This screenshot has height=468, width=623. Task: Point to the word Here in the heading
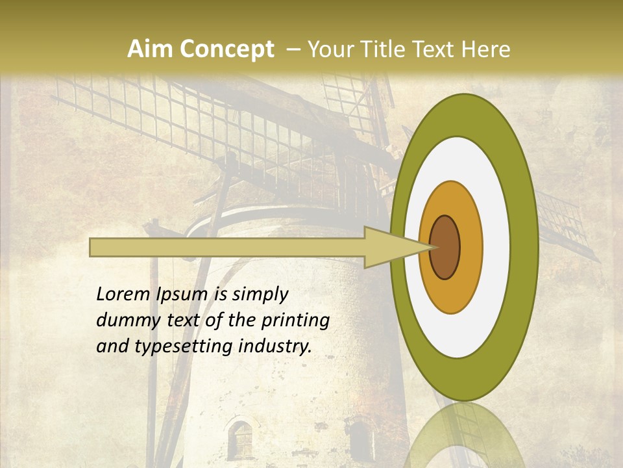[x=485, y=49]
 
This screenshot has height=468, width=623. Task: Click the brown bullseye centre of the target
[x=445, y=247]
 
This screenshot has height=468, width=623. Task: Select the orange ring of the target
[x=470, y=247]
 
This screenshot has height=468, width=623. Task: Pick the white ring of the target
[x=496, y=247]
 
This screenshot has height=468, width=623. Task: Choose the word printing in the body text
[x=296, y=321]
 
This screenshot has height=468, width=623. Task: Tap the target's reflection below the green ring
[x=465, y=435]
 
